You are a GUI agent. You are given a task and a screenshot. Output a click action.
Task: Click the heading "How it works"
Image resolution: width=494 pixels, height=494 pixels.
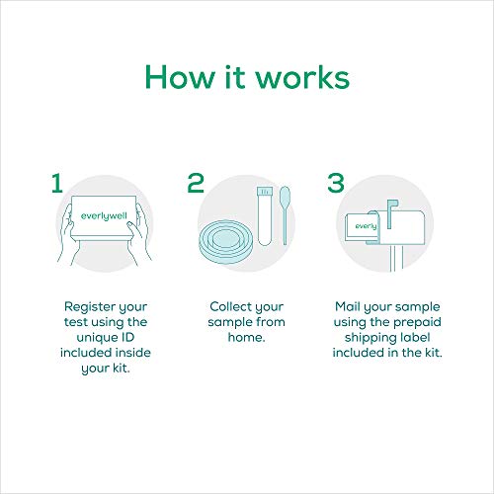coord(246,77)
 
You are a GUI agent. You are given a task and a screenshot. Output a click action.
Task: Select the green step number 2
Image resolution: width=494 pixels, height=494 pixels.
coord(195,183)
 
